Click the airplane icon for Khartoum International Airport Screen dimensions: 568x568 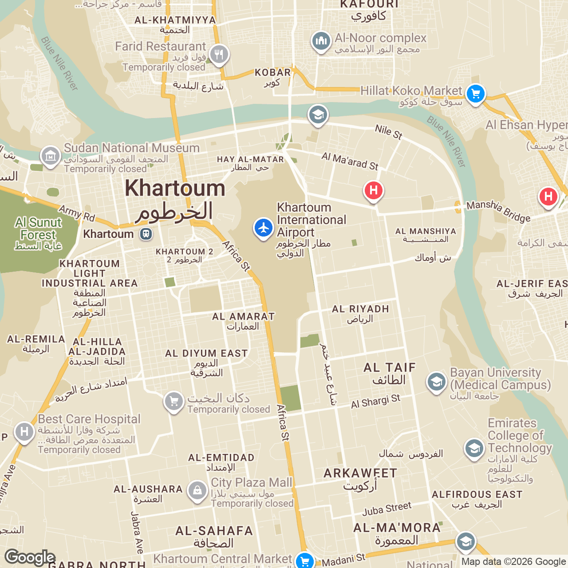pos(264,228)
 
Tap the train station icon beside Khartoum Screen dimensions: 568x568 pos(146,234)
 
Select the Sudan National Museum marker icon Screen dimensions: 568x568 pos(51,156)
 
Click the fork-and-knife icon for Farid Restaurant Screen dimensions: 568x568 pos(219,55)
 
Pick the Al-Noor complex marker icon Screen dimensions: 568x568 pos(321,41)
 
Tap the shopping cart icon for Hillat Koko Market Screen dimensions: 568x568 pos(476,94)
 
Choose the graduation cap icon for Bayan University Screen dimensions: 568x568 pos(437,382)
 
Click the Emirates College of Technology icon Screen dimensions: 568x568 pos(474,449)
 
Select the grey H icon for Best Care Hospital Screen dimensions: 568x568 pos(24,431)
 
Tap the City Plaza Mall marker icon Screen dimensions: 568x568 pos(197,490)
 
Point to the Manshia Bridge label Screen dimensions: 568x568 pos(498,211)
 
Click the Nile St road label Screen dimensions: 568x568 pos(388,132)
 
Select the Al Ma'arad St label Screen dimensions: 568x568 pos(350,161)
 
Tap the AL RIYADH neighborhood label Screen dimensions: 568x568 pos(360,309)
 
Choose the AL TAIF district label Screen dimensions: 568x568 pos(390,368)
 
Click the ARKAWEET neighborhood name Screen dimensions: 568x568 pos(360,473)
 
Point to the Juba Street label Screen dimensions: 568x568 pos(387,509)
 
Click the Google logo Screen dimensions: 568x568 pos(30,557)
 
